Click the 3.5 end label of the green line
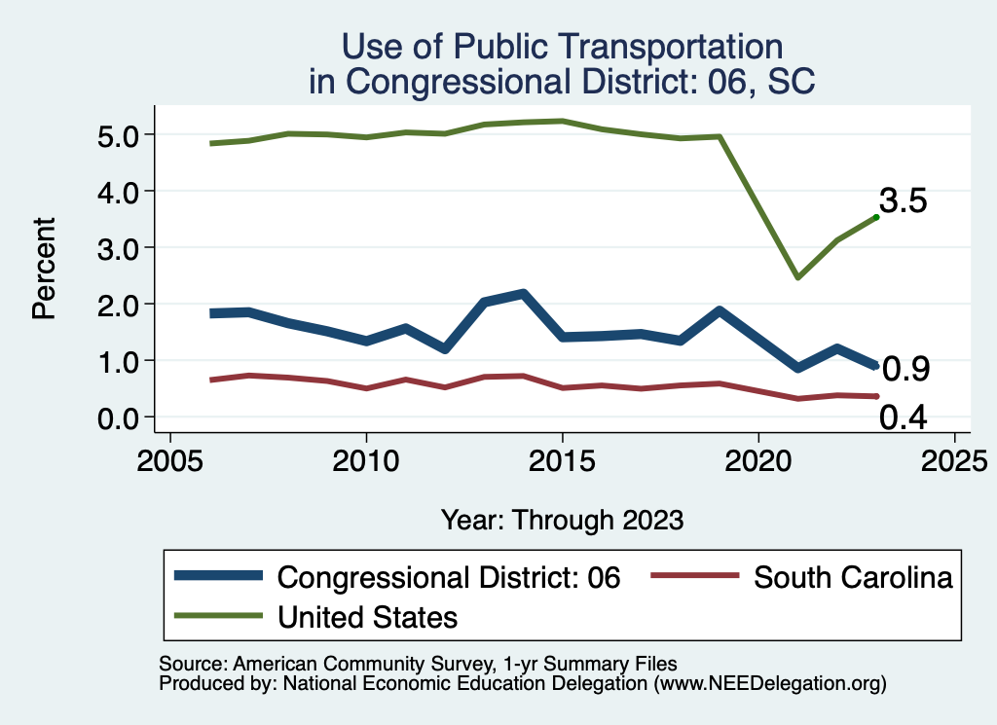903,200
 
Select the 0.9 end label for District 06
905,369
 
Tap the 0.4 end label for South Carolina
903,417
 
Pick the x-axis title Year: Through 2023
562,519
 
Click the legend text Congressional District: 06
449,577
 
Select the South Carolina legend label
853,577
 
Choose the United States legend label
368,616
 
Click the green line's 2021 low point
797,277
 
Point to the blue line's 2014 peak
523,294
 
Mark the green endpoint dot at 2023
876,217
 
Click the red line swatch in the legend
693,577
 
